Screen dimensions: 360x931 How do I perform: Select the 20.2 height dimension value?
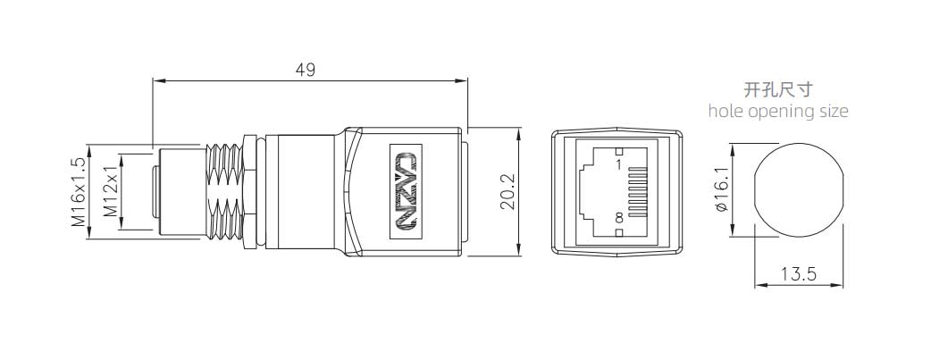click(507, 192)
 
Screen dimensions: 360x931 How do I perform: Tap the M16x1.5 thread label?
click(78, 191)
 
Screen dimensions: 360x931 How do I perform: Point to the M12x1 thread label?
click(112, 192)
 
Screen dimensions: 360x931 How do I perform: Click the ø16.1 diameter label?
click(722, 190)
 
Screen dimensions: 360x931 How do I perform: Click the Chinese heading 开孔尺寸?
click(778, 90)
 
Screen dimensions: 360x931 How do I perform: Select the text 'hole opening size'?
click(778, 112)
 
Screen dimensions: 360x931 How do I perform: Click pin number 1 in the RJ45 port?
click(618, 164)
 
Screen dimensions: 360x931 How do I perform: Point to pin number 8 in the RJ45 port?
click(618, 218)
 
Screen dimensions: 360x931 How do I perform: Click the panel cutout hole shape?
click(799, 190)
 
